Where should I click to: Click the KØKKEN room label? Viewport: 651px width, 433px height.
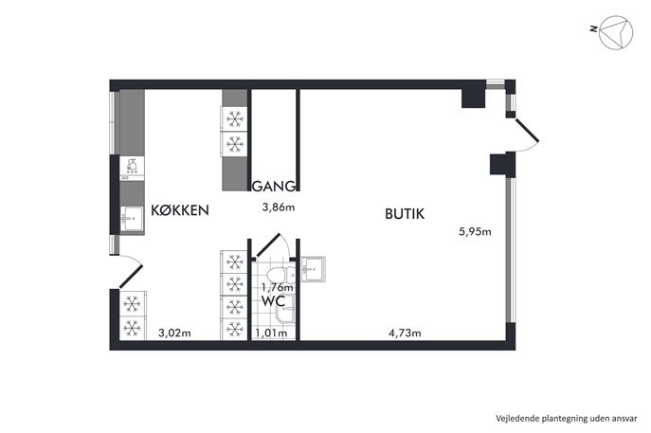[x=180, y=210]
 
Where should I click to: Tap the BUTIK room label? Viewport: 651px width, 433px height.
[x=405, y=214]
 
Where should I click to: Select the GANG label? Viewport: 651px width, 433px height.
[x=274, y=187]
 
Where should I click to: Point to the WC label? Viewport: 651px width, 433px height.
[x=273, y=301]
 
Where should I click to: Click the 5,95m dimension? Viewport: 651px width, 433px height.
[x=475, y=231]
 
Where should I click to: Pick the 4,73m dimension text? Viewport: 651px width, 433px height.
[x=405, y=333]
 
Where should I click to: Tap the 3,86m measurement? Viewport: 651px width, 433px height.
[x=279, y=207]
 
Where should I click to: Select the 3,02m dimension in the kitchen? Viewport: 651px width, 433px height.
[x=174, y=333]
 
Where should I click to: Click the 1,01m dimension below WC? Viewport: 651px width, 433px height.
[x=271, y=333]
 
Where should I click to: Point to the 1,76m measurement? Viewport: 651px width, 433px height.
[x=278, y=287]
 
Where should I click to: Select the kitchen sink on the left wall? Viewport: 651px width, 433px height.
[x=132, y=219]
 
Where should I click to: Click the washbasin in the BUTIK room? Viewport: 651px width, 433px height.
[x=313, y=269]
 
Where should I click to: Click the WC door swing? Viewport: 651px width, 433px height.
[x=272, y=245]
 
